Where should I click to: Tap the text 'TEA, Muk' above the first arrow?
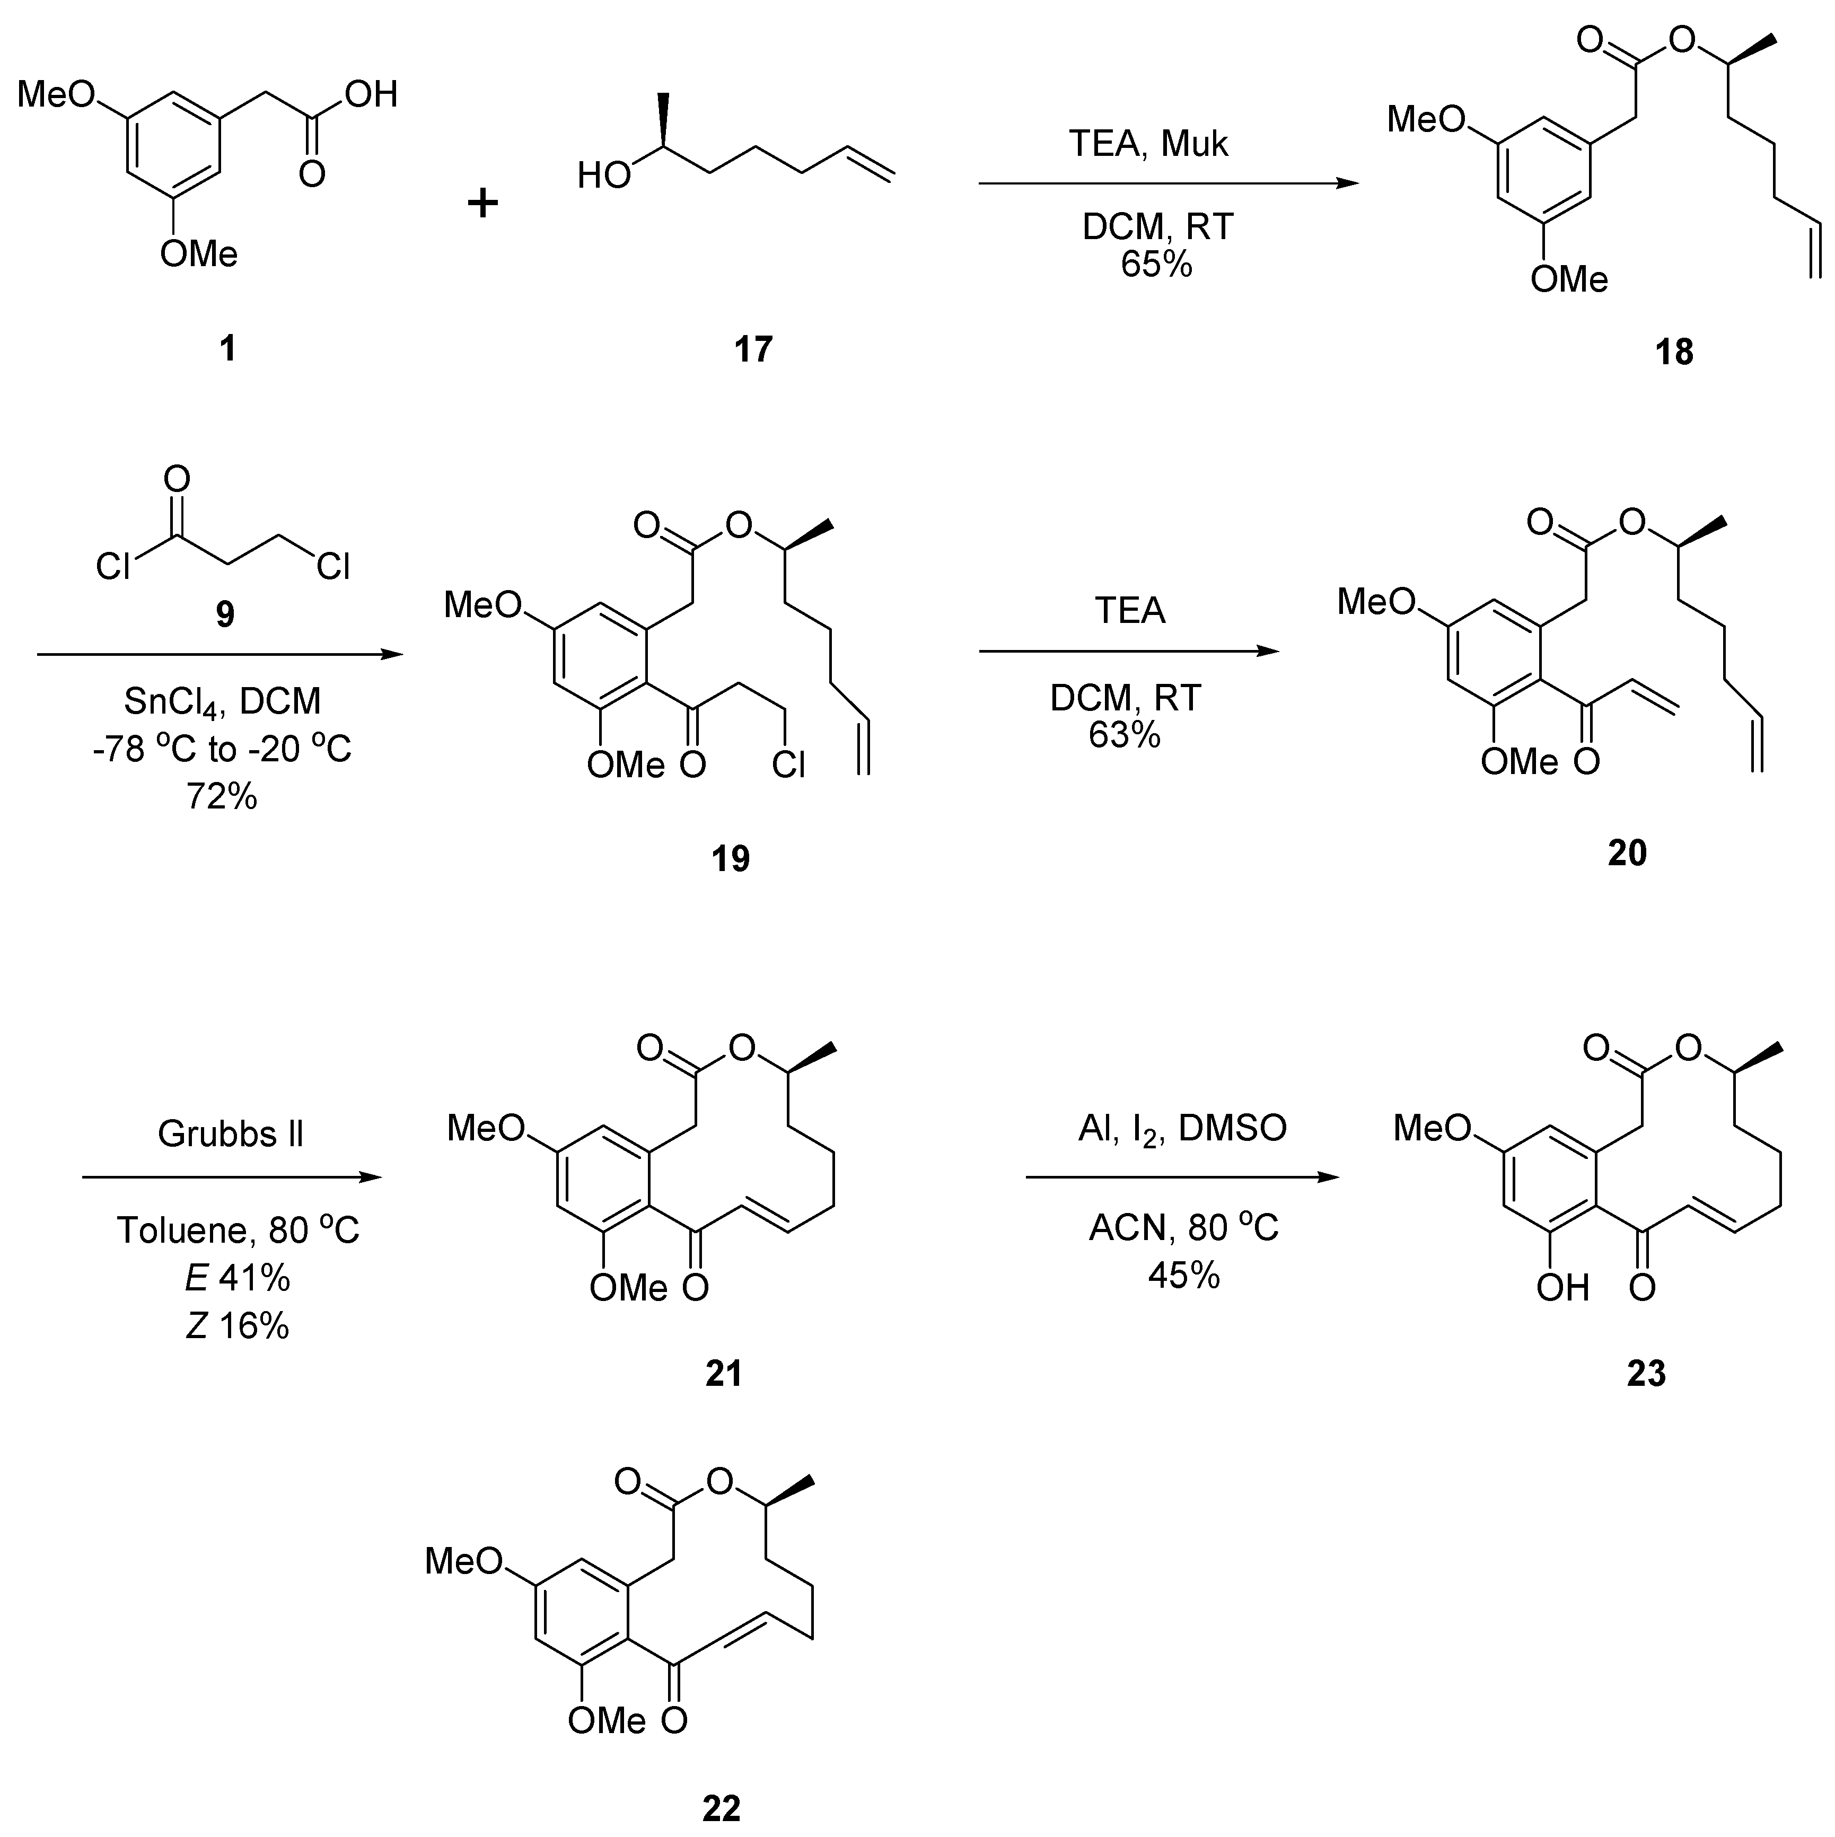click(x=1148, y=144)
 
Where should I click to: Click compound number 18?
click(x=1673, y=353)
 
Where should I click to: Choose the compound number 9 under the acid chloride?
click(x=224, y=614)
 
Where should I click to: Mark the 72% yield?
click(x=222, y=797)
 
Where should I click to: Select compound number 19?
click(x=730, y=859)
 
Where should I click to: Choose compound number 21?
click(x=724, y=1373)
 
